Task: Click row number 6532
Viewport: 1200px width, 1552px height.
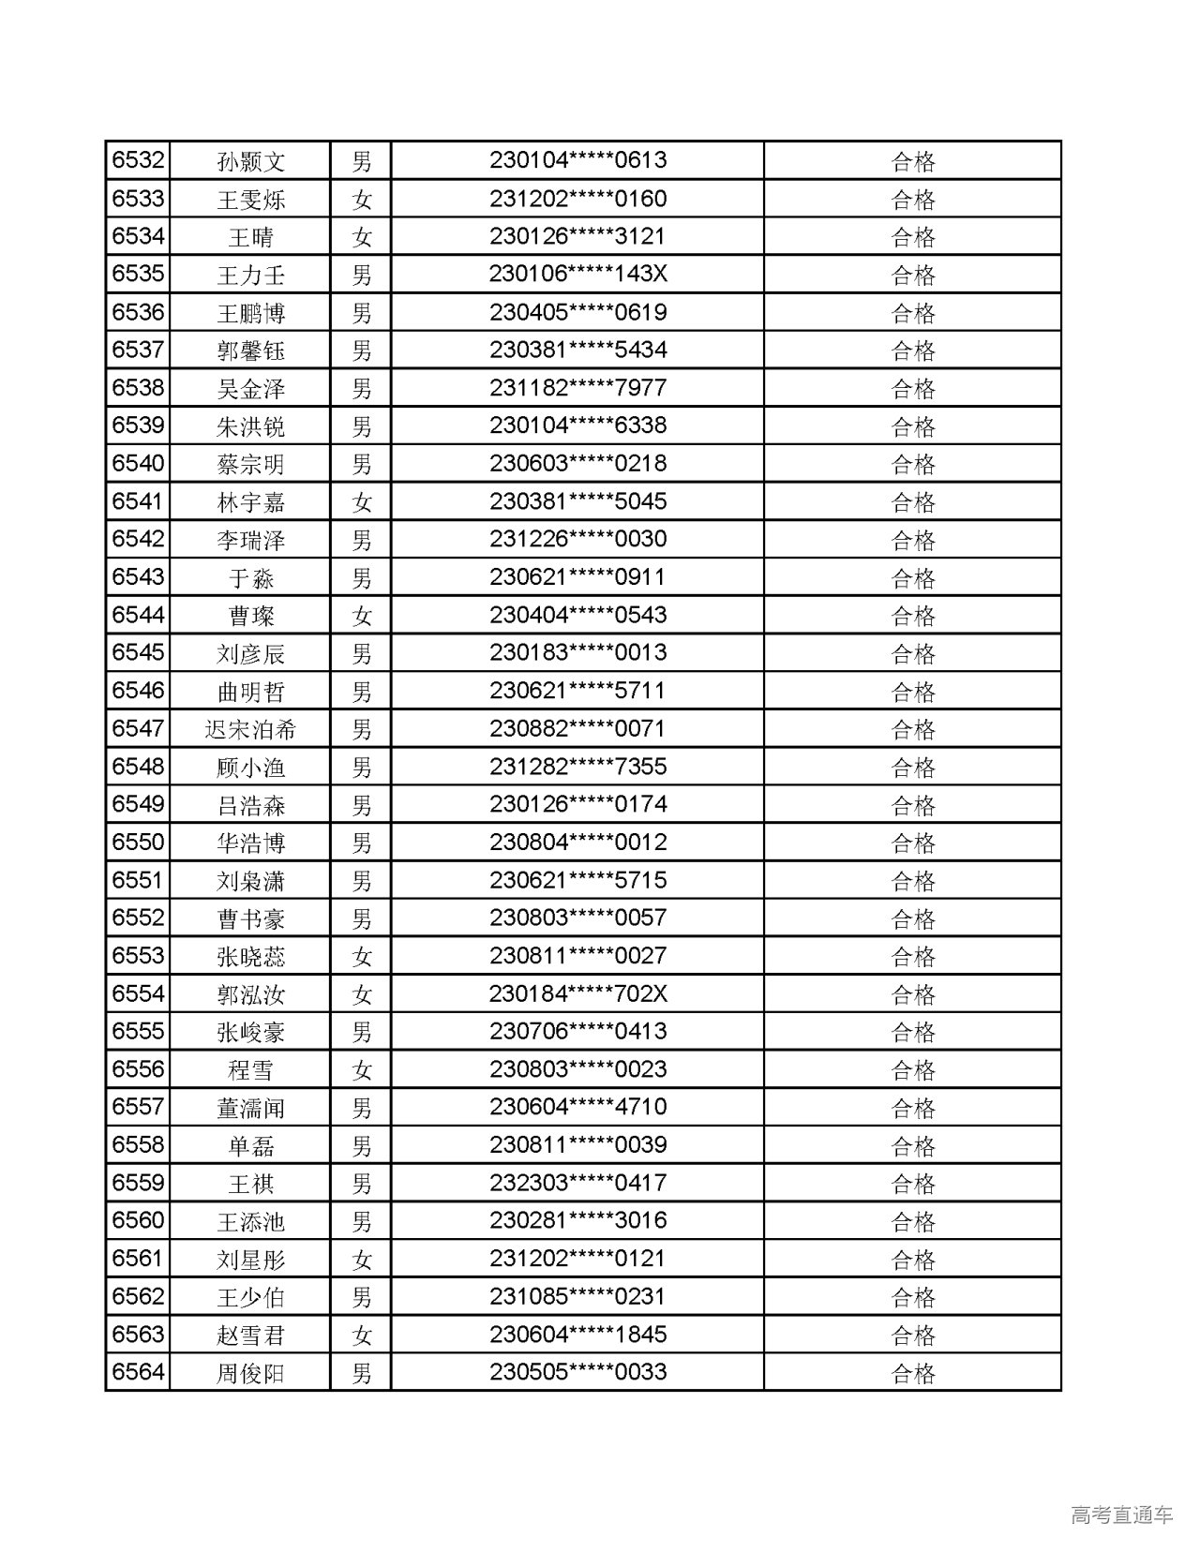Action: [138, 160]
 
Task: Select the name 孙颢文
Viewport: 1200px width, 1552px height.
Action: [250, 161]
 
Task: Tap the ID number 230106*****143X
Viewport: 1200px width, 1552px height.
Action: [577, 274]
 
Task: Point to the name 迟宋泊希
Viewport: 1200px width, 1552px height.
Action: [250, 729]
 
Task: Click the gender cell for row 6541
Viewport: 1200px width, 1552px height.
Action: [361, 502]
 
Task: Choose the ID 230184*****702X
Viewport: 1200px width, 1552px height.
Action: [577, 993]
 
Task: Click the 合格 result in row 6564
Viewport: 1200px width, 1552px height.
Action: [912, 1373]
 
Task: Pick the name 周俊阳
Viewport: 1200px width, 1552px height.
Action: [250, 1373]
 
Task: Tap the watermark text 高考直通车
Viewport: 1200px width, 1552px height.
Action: [1121, 1515]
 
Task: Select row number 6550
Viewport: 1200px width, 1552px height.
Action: [138, 842]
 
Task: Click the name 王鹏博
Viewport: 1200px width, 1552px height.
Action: [250, 313]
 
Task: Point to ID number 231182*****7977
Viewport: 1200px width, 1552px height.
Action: [577, 388]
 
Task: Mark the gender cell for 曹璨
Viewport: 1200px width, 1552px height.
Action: [361, 616]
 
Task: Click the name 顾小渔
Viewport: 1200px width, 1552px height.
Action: [250, 768]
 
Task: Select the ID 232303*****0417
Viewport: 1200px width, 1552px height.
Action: [577, 1183]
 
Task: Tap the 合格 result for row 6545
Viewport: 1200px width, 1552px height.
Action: [912, 653]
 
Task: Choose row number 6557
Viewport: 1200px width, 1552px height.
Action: [138, 1107]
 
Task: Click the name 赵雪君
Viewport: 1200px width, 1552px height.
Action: [250, 1335]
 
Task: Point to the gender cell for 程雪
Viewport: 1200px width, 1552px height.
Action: [361, 1069]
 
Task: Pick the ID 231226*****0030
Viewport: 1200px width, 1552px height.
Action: [577, 539]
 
